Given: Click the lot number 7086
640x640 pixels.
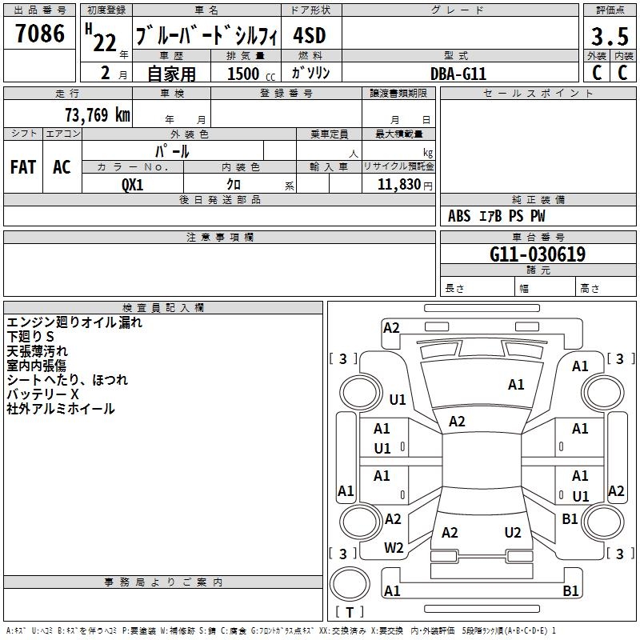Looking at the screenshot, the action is point(39,34).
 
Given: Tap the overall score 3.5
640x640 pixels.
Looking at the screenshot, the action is point(609,36).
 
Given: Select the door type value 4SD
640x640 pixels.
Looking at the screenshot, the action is point(310,37).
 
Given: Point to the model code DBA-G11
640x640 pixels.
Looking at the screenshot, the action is point(458,74).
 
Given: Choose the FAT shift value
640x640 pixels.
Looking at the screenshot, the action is point(23,166).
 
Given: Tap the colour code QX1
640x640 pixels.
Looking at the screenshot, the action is point(133,184).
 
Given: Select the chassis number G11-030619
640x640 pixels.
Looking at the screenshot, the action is point(538,255).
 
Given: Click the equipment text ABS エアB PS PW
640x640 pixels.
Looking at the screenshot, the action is point(496,216).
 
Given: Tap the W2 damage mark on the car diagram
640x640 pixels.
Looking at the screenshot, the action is point(394,548).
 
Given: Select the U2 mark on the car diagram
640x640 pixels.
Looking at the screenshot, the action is point(513,533).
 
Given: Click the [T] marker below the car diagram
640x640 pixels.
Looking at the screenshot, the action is point(350,613).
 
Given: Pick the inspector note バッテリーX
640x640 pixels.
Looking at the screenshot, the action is point(43,394).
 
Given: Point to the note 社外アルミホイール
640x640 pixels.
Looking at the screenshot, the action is point(61,409).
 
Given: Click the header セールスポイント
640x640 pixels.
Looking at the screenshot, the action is point(538,94).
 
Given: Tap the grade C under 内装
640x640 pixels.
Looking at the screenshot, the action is point(623,73).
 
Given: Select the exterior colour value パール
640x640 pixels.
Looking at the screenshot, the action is point(172,150).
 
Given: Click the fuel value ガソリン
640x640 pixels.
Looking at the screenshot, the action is point(310,73).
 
